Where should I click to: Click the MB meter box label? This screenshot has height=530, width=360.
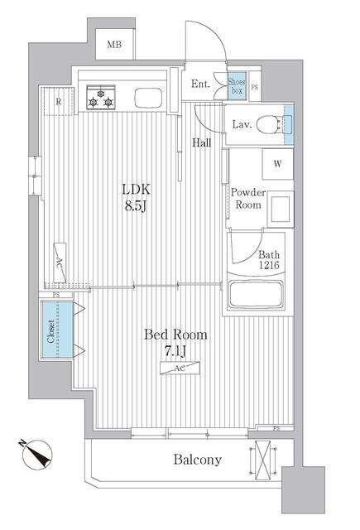pos(114,45)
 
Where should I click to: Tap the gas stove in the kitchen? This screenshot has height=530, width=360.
pos(101,97)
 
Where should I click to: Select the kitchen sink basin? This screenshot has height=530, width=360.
pos(148,98)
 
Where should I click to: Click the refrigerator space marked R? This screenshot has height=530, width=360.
pos(59,101)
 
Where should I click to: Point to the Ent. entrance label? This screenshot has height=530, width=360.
pos(200,84)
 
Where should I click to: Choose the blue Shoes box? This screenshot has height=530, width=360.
pos(237,86)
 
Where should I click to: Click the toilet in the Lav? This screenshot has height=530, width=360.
pos(273,124)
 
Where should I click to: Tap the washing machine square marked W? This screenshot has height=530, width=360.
pos(277,164)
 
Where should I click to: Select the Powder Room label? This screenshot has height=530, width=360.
pos(248,199)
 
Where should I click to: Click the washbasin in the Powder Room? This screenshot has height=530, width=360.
pos(281,209)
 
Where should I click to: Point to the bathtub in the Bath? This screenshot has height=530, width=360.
pos(255,294)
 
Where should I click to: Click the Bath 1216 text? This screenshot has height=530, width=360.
pos(269,259)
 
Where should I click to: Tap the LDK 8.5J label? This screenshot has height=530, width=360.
pos(136,197)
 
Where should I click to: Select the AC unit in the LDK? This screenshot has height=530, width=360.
pos(60,262)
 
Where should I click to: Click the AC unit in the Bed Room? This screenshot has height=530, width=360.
pos(180,368)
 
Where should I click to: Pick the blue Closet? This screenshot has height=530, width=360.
pos(57,329)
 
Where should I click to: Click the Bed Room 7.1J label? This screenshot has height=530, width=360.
pos(175,342)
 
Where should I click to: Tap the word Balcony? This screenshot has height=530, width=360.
pos(198,460)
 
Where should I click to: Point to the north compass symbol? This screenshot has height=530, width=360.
pos(36,455)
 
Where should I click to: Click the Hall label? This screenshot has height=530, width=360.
pos(202,142)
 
